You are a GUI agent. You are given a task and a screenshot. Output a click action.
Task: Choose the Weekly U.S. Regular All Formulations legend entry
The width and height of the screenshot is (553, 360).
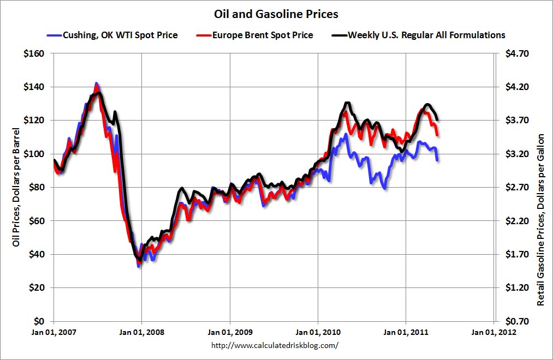426,35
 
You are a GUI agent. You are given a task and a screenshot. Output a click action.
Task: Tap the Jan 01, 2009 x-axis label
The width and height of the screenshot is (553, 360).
229,332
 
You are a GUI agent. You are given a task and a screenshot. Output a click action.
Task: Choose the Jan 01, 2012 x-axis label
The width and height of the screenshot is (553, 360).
493,332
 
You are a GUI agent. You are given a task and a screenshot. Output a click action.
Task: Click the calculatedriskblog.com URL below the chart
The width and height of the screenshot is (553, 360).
274,345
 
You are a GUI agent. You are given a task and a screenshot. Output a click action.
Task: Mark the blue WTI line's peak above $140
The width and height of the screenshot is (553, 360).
97,84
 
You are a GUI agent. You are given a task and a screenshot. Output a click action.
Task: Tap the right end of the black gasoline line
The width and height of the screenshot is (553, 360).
437,119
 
